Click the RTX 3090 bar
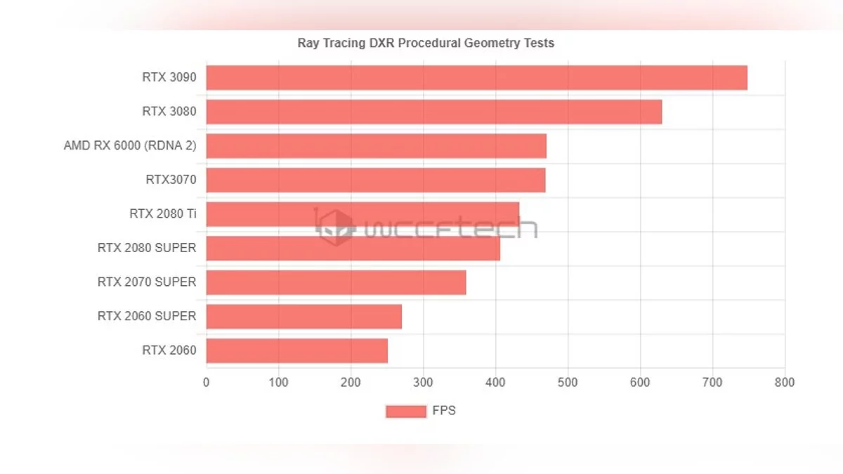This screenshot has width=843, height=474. click(476, 78)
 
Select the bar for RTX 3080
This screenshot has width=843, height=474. click(433, 112)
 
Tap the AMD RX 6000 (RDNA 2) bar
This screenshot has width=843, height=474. click(376, 146)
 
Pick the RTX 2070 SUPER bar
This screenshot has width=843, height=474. click(336, 282)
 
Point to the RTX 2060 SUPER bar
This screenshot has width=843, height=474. click(303, 317)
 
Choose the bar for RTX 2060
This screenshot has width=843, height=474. click(296, 350)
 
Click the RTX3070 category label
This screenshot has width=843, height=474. click(171, 180)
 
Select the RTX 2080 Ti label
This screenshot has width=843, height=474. click(162, 213)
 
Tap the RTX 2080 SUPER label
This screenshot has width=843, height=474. click(147, 248)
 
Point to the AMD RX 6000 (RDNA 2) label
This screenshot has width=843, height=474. click(130, 146)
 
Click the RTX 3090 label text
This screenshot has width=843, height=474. click(169, 77)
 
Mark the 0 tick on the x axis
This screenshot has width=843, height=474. click(206, 383)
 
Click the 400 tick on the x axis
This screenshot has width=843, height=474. click(496, 383)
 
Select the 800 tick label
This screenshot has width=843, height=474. click(785, 383)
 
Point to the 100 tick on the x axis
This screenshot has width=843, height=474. click(279, 383)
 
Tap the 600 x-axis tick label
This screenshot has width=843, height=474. click(640, 383)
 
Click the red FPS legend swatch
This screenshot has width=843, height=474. click(406, 412)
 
